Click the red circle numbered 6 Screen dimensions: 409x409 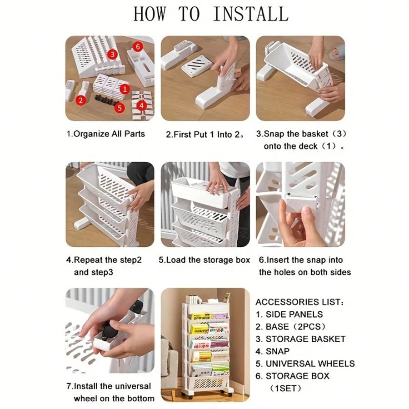pyautogui.click(x=138, y=47)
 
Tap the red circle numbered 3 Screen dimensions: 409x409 pyautogui.click(x=112, y=54)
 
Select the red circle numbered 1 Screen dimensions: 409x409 pyautogui.click(x=125, y=89)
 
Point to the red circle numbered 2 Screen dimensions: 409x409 pyautogui.click(x=80, y=100)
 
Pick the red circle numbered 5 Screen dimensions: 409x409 pyautogui.click(x=120, y=108)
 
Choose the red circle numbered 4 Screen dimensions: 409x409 pyautogui.click(x=141, y=105)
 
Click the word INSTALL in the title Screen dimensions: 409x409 pyautogui.click(x=251, y=14)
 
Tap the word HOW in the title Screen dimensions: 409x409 pyautogui.click(x=150, y=14)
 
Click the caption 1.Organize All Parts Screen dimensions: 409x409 pyautogui.click(x=105, y=134)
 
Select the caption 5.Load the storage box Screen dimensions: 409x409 pyautogui.click(x=204, y=260)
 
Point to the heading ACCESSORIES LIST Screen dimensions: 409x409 pyautogui.click(x=299, y=302)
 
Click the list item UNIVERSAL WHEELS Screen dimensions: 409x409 pyautogui.click(x=305, y=364)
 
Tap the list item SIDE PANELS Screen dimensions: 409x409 pyautogui.click(x=289, y=314)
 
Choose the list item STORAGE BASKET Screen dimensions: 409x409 pyautogui.click(x=300, y=339)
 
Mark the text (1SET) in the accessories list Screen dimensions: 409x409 pyautogui.click(x=285, y=389)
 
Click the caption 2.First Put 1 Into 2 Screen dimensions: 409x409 pyautogui.click(x=205, y=135)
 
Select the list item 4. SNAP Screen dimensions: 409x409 pyautogui.click(x=273, y=351)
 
